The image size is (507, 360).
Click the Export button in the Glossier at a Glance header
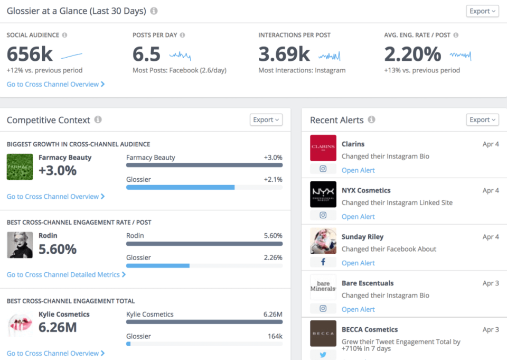pyautogui.click(x=482, y=11)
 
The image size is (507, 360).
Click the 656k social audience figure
pyautogui.click(x=30, y=54)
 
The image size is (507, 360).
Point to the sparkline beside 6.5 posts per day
pyautogui.click(x=180, y=54)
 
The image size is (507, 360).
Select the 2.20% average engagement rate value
pyautogui.click(x=412, y=54)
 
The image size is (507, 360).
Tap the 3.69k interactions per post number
pyautogui.click(x=284, y=54)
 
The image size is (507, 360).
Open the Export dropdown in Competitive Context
pyautogui.click(x=266, y=120)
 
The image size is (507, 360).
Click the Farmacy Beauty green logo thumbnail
pyautogui.click(x=20, y=167)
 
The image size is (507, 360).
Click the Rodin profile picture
pyautogui.click(x=20, y=245)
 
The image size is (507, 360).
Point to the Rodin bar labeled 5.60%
pyautogui.click(x=204, y=244)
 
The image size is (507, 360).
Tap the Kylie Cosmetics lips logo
pyautogui.click(x=20, y=324)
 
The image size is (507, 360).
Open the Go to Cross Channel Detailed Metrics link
pyautogui.click(x=66, y=275)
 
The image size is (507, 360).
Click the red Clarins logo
pyautogui.click(x=323, y=148)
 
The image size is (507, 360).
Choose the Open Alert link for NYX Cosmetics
pyautogui.click(x=358, y=217)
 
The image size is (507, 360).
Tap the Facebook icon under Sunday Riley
pyautogui.click(x=323, y=262)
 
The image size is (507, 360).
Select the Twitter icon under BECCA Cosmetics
pyautogui.click(x=323, y=355)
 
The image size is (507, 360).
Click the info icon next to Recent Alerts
pyautogui.click(x=371, y=120)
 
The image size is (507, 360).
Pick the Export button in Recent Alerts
pyautogui.click(x=482, y=120)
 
